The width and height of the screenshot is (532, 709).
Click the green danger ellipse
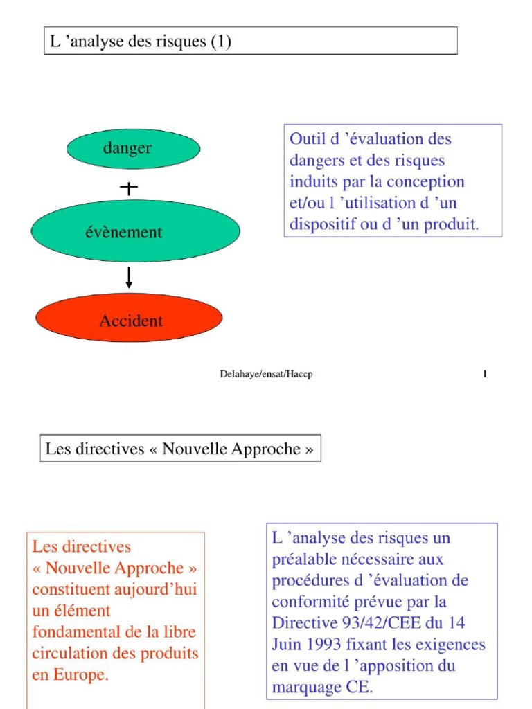tap(133, 149)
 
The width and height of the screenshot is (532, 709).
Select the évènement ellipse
tap(135, 232)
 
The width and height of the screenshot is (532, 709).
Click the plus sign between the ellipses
tap(129, 188)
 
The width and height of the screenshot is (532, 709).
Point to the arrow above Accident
tap(129, 277)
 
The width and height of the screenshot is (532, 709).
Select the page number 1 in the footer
tap(485, 375)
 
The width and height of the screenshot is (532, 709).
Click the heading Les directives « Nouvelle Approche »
tap(179, 449)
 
